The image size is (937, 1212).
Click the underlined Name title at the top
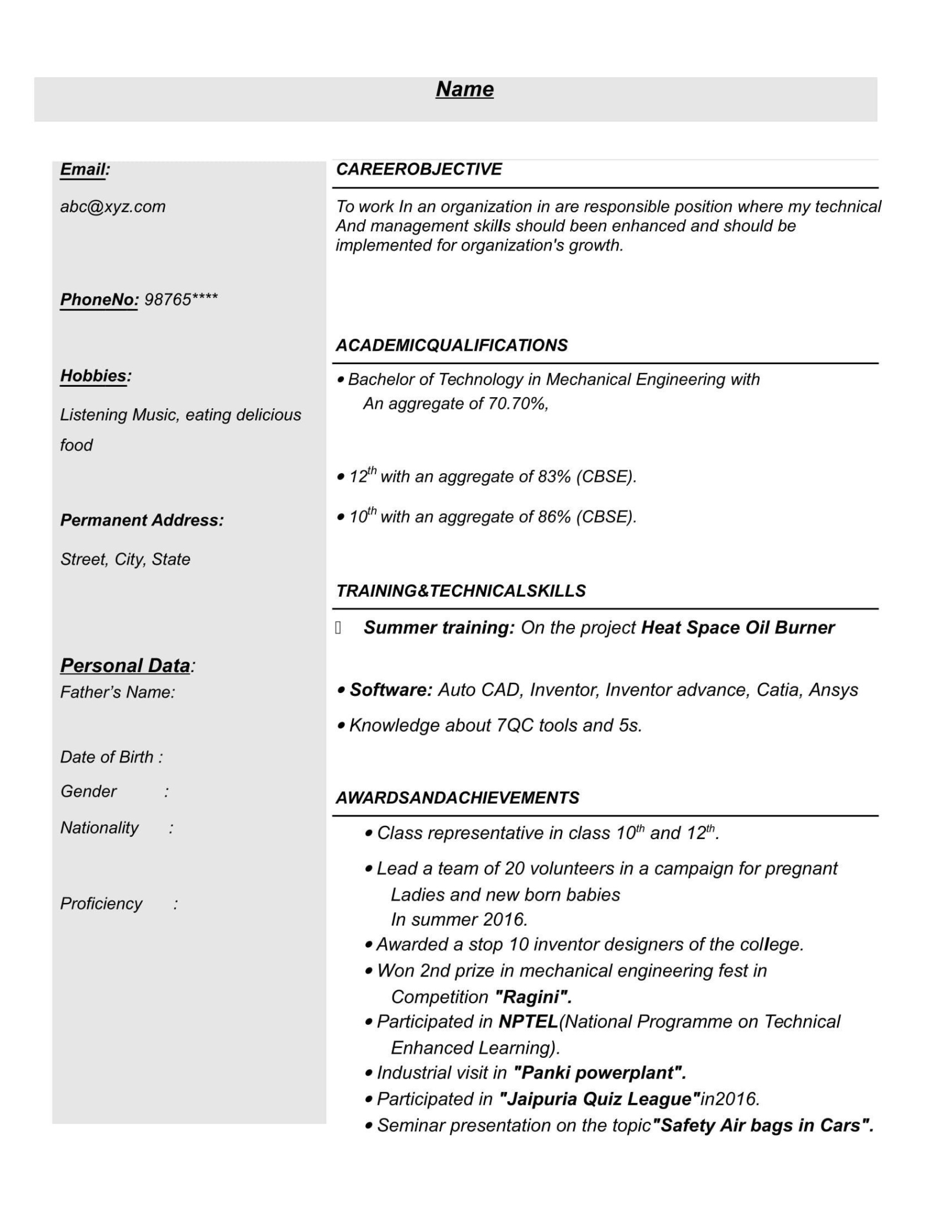(x=464, y=89)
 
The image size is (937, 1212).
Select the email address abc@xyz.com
(x=113, y=207)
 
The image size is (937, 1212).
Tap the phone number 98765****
(x=180, y=300)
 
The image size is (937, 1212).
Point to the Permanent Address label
(x=142, y=520)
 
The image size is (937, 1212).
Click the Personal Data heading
(x=125, y=666)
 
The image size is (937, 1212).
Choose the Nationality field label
(x=99, y=828)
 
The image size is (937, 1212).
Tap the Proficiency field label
(x=101, y=903)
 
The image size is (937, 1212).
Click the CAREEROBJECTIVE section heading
(x=419, y=169)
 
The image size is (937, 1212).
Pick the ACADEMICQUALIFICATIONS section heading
(x=451, y=346)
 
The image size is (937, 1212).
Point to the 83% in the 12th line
(x=554, y=477)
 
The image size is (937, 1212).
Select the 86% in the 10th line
(x=554, y=517)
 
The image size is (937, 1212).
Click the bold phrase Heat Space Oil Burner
(x=737, y=627)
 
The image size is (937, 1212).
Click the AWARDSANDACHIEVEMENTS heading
(x=457, y=798)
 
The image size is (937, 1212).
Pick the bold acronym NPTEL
(x=528, y=1022)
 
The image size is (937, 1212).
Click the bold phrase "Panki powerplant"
(x=600, y=1073)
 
